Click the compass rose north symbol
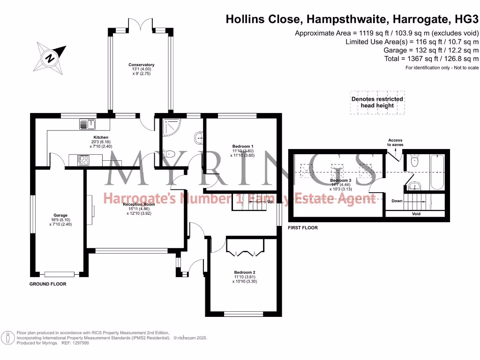tap(50, 59)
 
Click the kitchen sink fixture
tap(88, 124)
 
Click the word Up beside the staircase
tap(270, 202)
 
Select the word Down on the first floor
tap(397, 201)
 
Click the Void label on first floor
tap(416, 214)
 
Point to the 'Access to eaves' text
tap(395, 142)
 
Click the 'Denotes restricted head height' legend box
tap(377, 102)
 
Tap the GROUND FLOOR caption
tap(48, 284)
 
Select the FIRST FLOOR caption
tap(303, 228)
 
